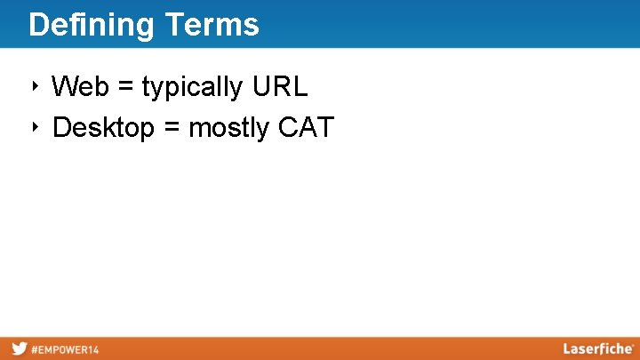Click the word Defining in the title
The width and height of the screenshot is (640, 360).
[x=92, y=25]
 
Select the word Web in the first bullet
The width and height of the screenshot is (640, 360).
[x=81, y=87]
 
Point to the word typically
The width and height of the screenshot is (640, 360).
[x=193, y=88]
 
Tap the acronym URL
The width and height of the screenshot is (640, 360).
[x=280, y=87]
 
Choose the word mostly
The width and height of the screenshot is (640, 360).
[x=229, y=129]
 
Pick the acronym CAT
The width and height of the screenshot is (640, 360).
[x=307, y=128]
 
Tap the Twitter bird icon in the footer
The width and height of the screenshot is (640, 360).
[x=19, y=348]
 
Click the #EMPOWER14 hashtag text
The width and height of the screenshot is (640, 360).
[x=66, y=349]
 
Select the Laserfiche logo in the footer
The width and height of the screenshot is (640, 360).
[x=597, y=348]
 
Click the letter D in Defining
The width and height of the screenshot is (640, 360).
[x=37, y=25]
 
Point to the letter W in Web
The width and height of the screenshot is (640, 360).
[x=65, y=87]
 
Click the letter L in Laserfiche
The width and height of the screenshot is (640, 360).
[x=567, y=348]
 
